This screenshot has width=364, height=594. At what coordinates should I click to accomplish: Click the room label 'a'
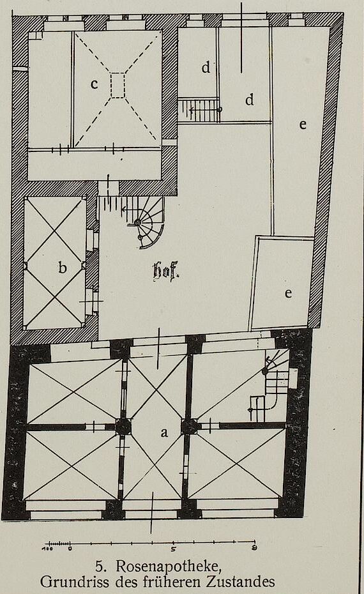(x=164, y=432)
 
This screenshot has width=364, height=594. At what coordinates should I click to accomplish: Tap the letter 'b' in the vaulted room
(x=63, y=268)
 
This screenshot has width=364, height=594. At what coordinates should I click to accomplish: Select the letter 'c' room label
(x=95, y=84)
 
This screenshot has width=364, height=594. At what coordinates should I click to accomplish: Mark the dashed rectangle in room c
(x=118, y=85)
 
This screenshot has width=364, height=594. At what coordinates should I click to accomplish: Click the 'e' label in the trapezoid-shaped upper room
(x=303, y=125)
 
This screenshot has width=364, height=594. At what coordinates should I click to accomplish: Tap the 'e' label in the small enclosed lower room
(x=288, y=293)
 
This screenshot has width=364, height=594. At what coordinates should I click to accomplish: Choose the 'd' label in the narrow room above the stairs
(x=206, y=68)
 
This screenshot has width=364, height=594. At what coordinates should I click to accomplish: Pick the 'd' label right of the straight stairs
(x=249, y=100)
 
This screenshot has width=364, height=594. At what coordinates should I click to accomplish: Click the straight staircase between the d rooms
(x=199, y=109)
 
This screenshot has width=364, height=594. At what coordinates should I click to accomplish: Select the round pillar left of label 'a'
(x=123, y=427)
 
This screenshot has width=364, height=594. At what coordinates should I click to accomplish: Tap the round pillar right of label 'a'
(x=189, y=427)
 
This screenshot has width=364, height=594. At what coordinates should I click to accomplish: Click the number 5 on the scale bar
(x=172, y=548)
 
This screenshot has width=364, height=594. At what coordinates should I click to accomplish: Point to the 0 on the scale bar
(x=70, y=548)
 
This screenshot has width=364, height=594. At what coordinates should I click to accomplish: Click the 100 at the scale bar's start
(x=48, y=548)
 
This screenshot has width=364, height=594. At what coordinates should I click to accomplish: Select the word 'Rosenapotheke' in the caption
(x=169, y=567)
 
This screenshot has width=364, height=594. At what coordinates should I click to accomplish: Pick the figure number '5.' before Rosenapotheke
(x=100, y=567)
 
